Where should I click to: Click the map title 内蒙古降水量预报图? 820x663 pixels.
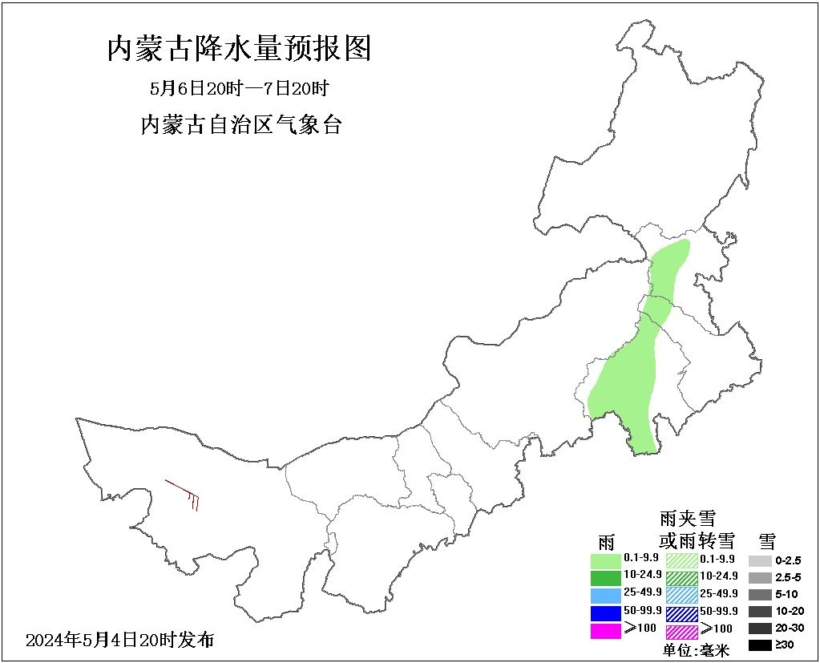[239, 50]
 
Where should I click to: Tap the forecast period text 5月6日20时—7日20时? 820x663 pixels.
[240, 88]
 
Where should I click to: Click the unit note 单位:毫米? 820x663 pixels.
[696, 650]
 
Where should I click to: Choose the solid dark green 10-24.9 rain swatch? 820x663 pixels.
[606, 577]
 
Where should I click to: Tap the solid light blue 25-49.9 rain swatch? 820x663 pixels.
[606, 595]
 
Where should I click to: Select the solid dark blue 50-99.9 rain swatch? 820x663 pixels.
[606, 612]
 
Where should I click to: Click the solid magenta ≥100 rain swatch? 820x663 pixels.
[606, 630]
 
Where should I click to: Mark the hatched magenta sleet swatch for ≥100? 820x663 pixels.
[681, 630]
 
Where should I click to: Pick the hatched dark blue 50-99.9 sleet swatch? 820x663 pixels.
[681, 612]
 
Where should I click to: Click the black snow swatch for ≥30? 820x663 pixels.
[760, 645]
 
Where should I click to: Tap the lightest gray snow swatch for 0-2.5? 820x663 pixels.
[760, 560]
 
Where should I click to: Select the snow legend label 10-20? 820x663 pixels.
[789, 612]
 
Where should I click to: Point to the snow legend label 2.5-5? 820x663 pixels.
[789, 577]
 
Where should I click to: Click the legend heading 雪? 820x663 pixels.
[767, 540]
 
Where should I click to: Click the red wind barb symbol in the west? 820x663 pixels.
[184, 492]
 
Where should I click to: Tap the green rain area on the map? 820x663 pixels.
[629, 385]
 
